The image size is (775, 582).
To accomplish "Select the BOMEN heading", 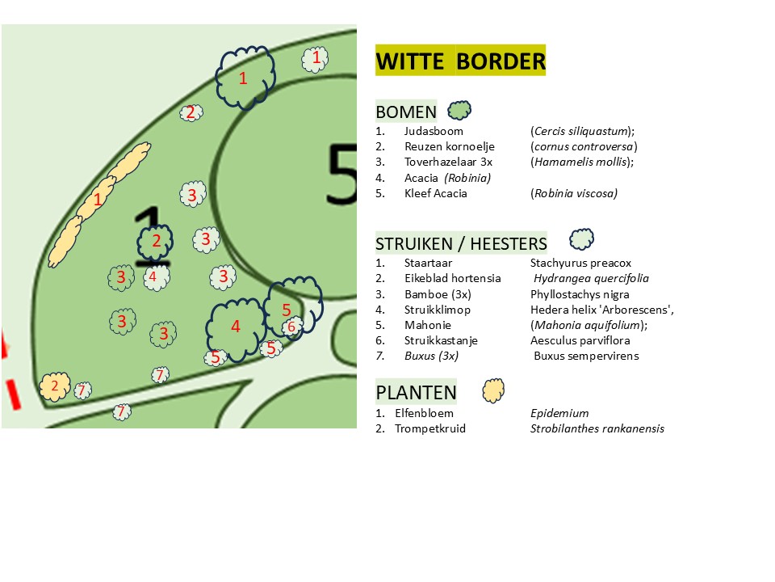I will [406, 112].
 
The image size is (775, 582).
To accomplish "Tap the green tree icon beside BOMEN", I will [459, 110].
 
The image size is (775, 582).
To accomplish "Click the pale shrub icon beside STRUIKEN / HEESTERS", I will [582, 239].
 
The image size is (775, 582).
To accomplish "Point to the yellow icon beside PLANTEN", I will [493, 390].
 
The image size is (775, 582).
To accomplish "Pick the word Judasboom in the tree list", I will [434, 131].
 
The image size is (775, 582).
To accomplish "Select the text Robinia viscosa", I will [574, 193].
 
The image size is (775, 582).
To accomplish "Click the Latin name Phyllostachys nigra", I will [580, 294].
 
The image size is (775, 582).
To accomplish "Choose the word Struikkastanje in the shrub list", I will [441, 340].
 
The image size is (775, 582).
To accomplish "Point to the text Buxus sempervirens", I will [586, 356].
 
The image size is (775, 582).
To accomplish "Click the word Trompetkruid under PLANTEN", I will [430, 428].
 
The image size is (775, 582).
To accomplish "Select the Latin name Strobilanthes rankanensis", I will [597, 428].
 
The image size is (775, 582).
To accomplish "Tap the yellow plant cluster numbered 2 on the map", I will [55, 386].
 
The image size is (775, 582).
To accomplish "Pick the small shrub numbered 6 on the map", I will [291, 327].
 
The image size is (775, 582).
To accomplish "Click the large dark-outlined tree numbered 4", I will [236, 328].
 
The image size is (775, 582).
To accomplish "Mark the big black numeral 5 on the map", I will [341, 174].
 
